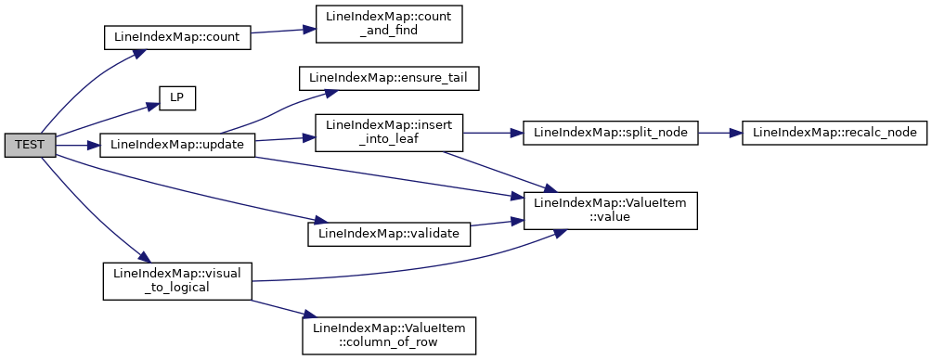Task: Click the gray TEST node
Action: pos(30,146)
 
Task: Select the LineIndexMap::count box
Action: pos(176,37)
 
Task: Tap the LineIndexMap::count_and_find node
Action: pos(389,24)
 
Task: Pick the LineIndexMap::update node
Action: pos(177,146)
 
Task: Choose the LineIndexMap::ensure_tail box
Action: pos(389,79)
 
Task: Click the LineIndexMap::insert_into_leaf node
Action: pos(389,133)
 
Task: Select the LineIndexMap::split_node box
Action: pos(610,133)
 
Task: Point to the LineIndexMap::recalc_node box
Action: pos(835,133)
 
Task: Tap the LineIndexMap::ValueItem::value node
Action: pos(610,211)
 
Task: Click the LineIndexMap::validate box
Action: pos(389,234)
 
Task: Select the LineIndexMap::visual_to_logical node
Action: pos(177,281)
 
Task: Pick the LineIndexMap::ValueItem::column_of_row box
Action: pos(389,336)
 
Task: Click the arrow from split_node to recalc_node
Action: pos(719,133)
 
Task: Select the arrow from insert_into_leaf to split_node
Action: pos(492,133)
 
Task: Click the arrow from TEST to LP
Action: pos(107,120)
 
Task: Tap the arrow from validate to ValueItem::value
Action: pos(497,223)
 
